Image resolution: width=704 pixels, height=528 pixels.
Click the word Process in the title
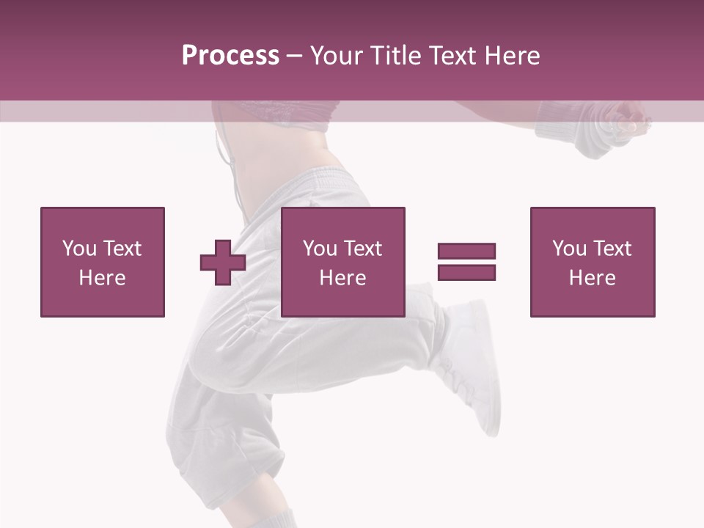tap(230, 56)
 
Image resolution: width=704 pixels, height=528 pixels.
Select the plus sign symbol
tap(223, 263)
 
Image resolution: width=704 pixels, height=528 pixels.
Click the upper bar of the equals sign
tap(466, 252)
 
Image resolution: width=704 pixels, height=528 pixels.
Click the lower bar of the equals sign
tap(466, 273)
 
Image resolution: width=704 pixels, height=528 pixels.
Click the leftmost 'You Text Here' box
tap(103, 262)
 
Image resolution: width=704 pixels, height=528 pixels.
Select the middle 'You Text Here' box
tap(342, 262)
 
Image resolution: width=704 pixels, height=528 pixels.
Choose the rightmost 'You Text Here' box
tap(593, 262)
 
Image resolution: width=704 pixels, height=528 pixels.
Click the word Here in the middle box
tap(342, 278)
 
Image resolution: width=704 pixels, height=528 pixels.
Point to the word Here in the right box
tap(593, 278)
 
